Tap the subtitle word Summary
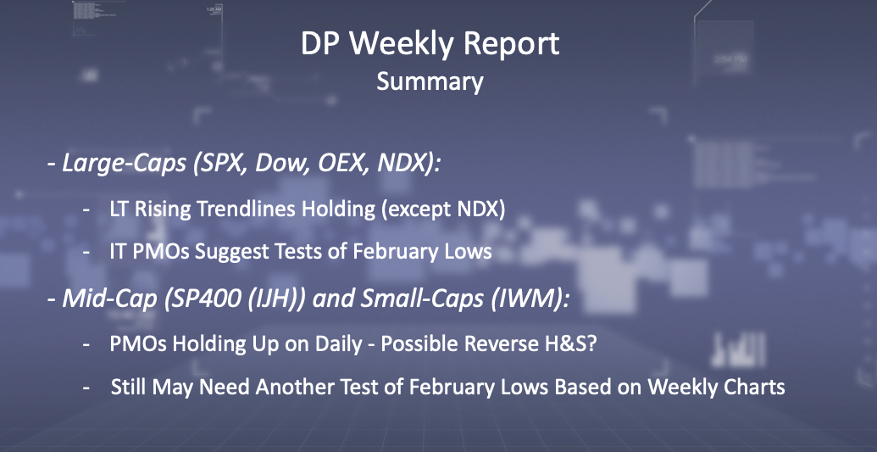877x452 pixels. (430, 81)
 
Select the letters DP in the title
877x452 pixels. (321, 43)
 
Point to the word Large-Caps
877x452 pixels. (124, 163)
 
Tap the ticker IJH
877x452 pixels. (255, 299)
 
